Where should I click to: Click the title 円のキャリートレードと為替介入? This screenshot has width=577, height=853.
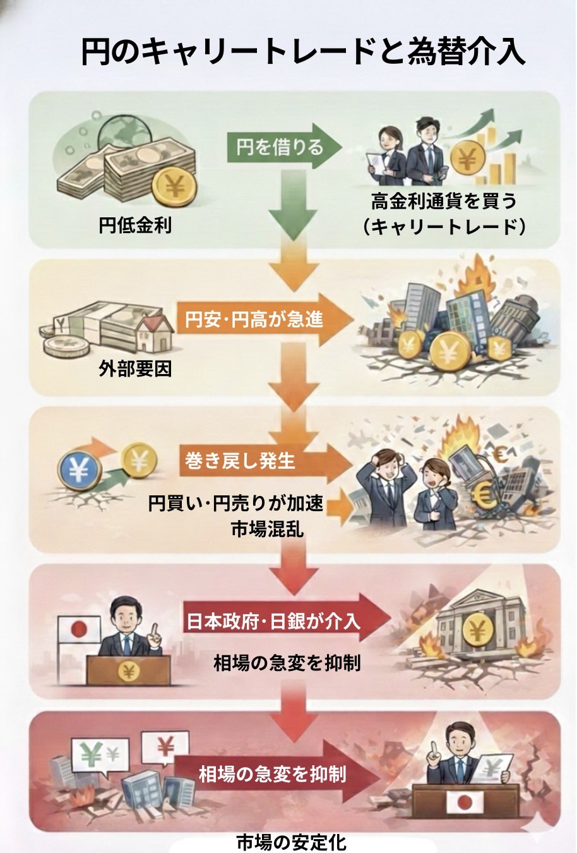[303, 51]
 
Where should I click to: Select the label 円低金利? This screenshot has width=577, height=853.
[135, 225]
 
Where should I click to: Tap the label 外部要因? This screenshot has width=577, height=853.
[135, 368]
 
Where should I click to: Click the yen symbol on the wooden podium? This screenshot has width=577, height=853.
[129, 672]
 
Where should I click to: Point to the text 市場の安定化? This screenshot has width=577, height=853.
[291, 842]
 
